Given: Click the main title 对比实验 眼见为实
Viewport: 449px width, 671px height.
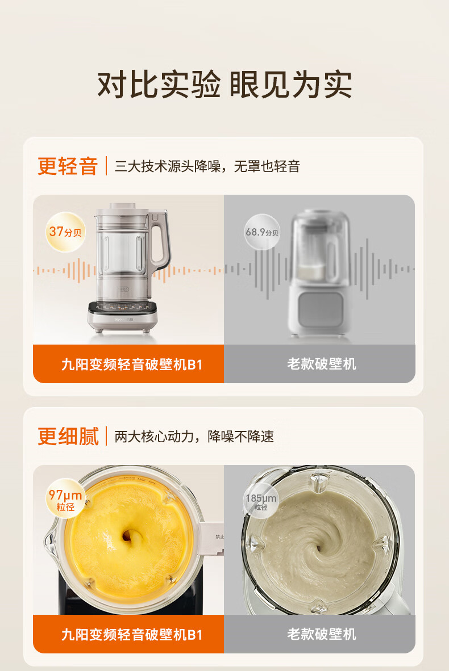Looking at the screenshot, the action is coord(224,85).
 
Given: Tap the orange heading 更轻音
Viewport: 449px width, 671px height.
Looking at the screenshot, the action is coord(68,166).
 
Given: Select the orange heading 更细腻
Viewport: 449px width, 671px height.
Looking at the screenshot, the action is coord(68,437).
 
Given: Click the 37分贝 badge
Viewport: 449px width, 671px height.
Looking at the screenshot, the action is coord(65,232).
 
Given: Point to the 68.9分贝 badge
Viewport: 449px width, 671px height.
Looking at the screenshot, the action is coord(262,232).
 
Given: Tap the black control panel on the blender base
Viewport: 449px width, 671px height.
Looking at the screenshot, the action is coord(123,308).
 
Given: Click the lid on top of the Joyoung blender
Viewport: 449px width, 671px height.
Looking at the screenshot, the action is coord(123,208).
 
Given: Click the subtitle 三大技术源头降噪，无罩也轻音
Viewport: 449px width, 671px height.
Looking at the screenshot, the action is coord(207,166).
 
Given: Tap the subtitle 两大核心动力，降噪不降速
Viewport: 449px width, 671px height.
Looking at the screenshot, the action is coord(194,437).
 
